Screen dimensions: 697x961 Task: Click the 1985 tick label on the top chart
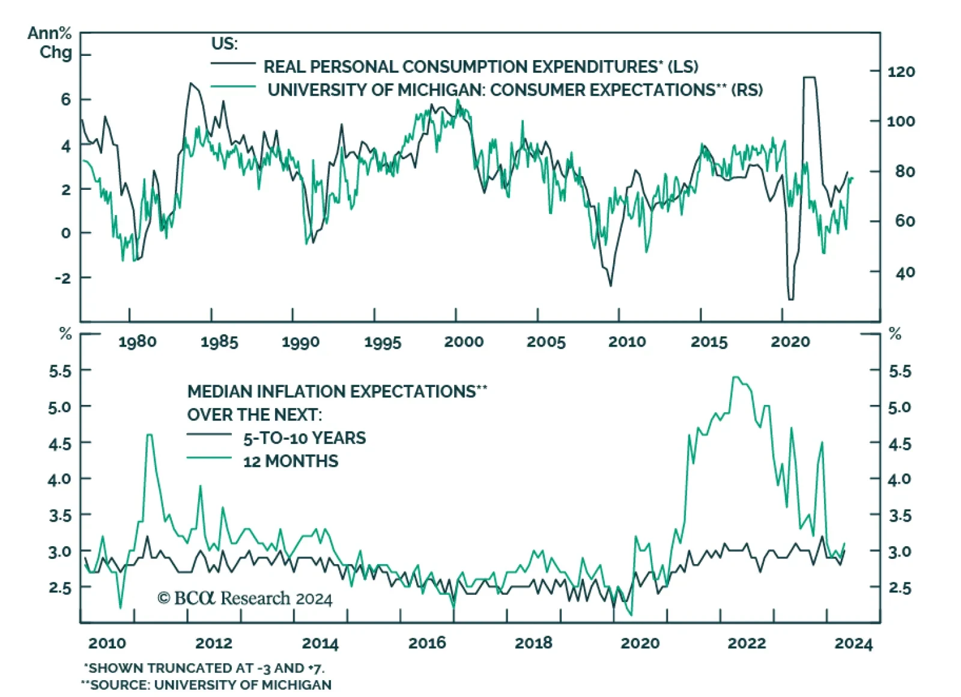[219, 342]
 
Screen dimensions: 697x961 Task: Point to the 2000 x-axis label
[464, 342]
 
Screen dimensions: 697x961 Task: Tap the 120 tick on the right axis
[901, 72]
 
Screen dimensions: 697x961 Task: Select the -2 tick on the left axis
[62, 278]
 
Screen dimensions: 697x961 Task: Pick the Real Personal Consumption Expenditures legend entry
[480, 66]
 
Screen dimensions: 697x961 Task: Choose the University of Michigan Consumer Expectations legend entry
[515, 90]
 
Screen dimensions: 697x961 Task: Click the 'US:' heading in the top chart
[224, 43]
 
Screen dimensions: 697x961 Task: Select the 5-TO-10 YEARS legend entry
[304, 438]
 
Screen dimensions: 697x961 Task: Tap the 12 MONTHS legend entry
[291, 461]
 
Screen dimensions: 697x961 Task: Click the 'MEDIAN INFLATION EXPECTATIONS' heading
[337, 391]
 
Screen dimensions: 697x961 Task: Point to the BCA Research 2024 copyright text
[244, 598]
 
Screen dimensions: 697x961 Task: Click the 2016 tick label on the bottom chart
[427, 643]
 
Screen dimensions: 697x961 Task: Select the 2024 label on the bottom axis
[853, 644]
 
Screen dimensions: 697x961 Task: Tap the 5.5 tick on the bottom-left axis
[60, 371]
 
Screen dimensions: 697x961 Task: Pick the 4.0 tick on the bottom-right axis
[899, 479]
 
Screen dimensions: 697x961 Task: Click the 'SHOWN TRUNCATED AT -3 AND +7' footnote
[204, 668]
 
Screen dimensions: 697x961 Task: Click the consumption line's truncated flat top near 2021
[809, 78]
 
